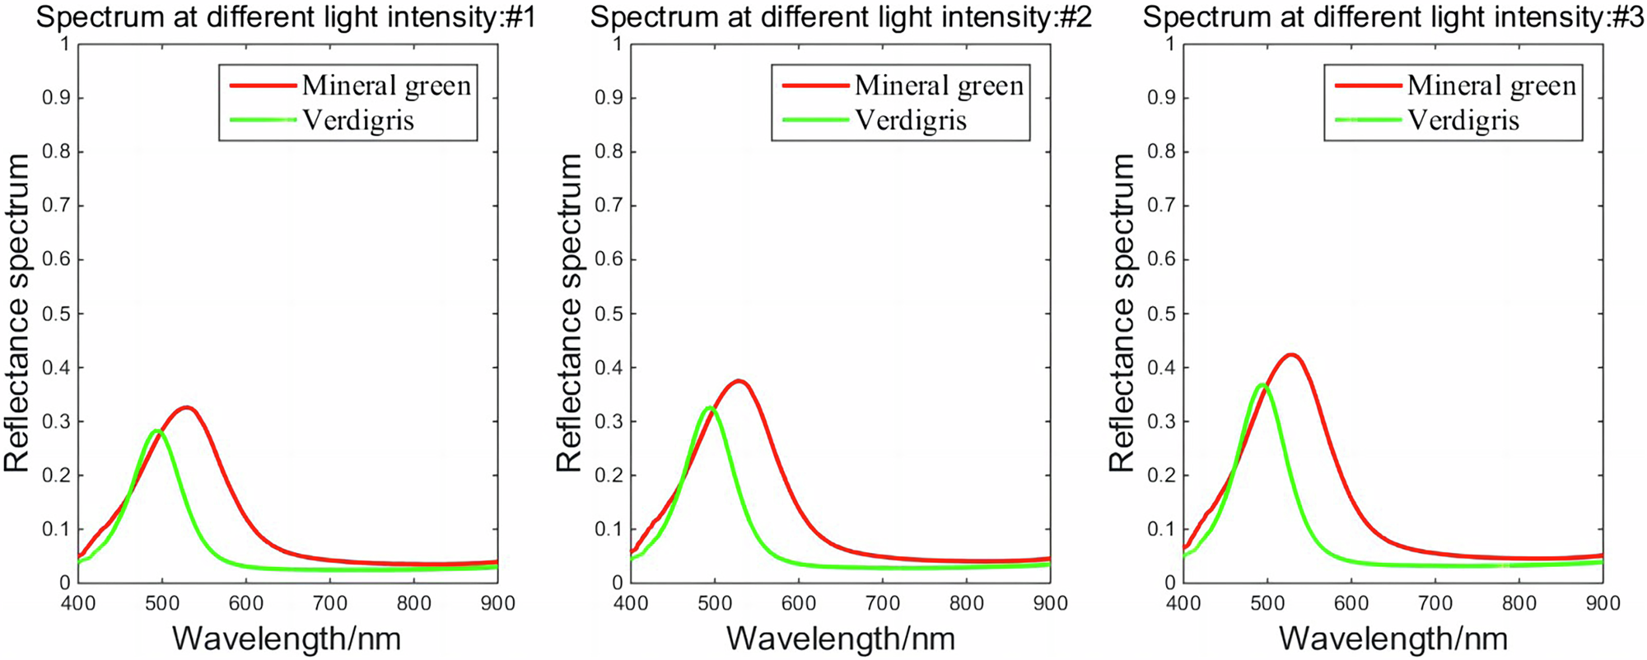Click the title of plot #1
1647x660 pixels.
click(x=286, y=17)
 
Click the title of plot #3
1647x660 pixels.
click(x=1393, y=17)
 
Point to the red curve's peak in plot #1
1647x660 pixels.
click(x=187, y=407)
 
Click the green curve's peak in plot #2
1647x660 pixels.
click(x=710, y=407)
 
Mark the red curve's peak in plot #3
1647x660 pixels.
click(x=1291, y=355)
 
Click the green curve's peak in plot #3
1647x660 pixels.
click(x=1262, y=384)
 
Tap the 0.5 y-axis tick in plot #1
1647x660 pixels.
click(x=57, y=314)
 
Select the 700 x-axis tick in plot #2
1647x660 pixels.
click(x=883, y=604)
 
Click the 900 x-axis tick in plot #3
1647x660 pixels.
click(x=1603, y=604)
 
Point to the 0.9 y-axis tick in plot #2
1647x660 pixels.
click(x=609, y=99)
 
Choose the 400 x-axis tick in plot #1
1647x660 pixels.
click(x=79, y=604)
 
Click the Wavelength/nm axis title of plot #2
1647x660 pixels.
click(x=841, y=639)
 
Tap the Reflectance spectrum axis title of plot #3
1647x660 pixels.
click(x=1122, y=313)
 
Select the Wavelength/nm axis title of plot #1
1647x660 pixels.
click(x=287, y=639)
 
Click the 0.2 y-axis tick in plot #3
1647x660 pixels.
click(x=1162, y=476)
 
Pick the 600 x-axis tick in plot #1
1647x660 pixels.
click(x=246, y=604)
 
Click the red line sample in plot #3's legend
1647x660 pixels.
click(x=1367, y=86)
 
